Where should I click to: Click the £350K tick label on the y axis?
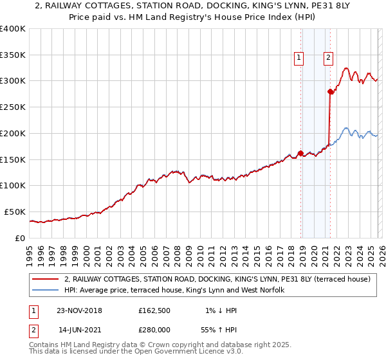pos(13,55)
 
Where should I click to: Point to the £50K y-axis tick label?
pos(15,212)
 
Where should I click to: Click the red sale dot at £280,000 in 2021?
pos(330,92)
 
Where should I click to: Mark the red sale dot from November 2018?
pos(300,153)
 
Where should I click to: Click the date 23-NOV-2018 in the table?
pos(79,310)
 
